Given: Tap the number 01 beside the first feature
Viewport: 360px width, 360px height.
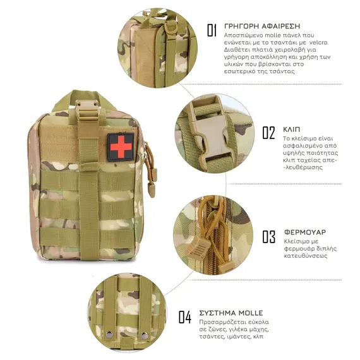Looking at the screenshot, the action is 212,30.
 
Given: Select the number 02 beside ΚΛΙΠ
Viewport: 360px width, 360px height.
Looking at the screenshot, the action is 268,133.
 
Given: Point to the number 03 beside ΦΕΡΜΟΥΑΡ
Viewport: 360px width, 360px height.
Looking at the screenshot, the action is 269,236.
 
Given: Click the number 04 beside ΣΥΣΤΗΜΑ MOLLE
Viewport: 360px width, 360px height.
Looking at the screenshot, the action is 185,317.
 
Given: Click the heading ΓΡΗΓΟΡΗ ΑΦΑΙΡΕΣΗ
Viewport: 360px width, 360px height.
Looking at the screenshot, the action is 262,26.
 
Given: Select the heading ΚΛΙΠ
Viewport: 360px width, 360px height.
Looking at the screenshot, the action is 291,129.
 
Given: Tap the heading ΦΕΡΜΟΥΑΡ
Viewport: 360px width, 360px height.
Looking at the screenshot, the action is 305,232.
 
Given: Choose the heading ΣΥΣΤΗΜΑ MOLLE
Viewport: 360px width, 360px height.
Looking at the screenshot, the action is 231,313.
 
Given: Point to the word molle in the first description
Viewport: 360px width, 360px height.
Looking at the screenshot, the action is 273,35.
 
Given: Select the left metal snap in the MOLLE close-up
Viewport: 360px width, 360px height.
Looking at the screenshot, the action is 109,335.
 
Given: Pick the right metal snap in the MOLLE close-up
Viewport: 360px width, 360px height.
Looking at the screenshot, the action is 144,335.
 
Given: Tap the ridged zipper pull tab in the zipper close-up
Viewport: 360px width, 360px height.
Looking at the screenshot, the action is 198,248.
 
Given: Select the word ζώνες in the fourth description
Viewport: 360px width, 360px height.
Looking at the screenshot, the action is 213,330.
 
